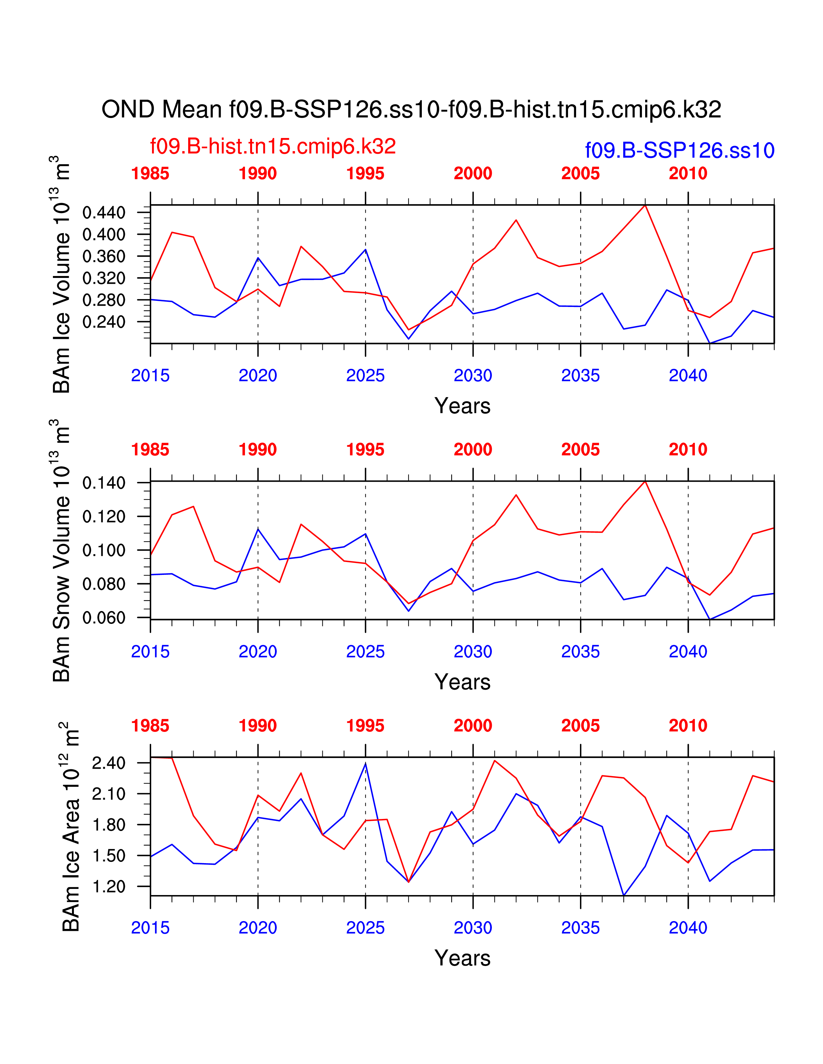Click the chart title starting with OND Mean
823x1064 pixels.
click(411, 110)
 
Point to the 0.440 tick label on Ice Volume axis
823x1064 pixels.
click(104, 212)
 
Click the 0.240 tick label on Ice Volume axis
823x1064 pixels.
click(104, 322)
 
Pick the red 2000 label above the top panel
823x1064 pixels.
click(472, 173)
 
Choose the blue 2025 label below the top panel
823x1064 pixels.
click(365, 376)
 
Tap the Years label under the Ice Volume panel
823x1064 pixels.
click(462, 406)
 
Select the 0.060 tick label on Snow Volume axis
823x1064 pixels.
click(104, 618)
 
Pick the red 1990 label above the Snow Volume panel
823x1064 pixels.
click(258, 450)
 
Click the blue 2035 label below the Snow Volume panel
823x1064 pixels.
click(580, 652)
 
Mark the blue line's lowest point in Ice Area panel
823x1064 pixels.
click(624, 895)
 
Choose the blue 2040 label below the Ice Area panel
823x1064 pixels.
click(687, 928)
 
